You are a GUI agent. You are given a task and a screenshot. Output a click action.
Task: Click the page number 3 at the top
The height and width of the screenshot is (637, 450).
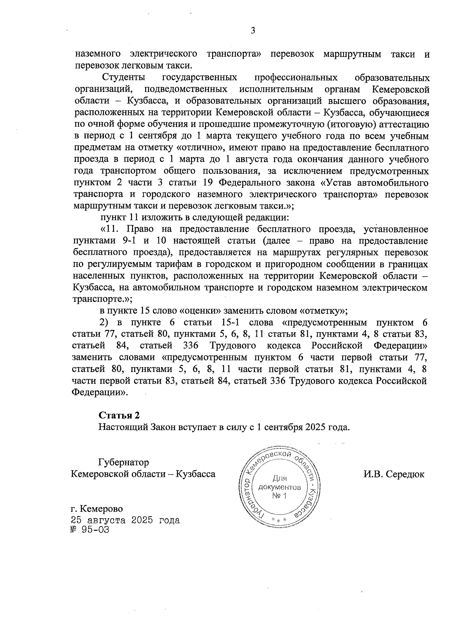253,31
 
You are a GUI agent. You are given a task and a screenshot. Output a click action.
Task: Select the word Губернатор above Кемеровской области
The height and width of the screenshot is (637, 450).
123,462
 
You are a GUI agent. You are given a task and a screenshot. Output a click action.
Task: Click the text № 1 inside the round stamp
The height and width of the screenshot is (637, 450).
279,496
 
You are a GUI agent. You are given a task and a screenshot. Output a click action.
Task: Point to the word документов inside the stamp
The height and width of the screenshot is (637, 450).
279,488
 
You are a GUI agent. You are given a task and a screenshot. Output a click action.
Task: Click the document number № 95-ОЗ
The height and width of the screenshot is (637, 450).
90,530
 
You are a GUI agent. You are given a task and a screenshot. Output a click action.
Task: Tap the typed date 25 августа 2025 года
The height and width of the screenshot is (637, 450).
125,520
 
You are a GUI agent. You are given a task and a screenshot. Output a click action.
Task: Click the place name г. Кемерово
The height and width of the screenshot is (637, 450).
97,509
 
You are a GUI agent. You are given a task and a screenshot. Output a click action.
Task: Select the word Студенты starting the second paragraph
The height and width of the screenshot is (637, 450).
124,78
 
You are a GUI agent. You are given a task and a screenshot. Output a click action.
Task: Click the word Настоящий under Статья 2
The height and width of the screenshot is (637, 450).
123,427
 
